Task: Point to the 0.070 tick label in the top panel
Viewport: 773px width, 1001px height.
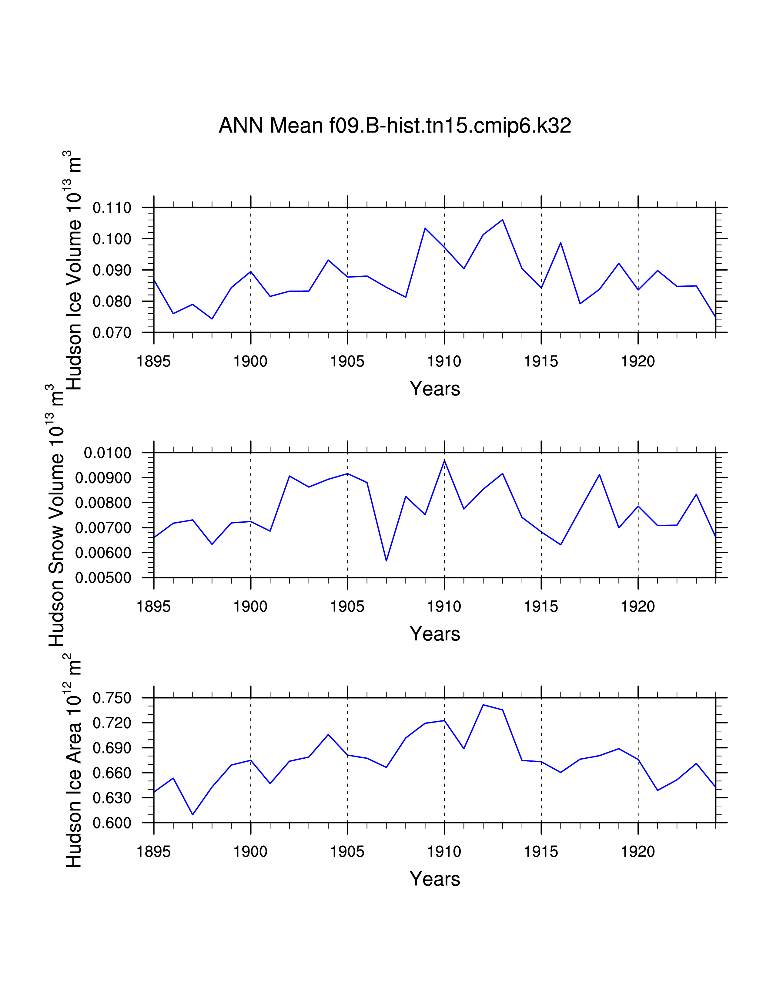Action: (x=112, y=333)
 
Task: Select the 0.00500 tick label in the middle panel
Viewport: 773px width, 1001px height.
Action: (x=103, y=578)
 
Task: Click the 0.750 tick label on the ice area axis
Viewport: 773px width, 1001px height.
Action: (x=112, y=698)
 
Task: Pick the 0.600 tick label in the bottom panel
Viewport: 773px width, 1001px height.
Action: (x=112, y=823)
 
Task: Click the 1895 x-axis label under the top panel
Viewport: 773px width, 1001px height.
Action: (x=153, y=362)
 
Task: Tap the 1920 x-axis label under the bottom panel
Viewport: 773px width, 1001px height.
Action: (x=638, y=852)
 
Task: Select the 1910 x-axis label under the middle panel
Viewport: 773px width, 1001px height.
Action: (x=444, y=607)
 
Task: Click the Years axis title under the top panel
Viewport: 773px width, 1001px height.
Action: (x=435, y=389)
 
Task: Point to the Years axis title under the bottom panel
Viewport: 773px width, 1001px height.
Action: (x=435, y=879)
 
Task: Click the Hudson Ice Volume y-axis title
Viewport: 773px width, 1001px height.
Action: (x=73, y=270)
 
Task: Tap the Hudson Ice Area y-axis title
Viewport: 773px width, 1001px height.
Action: (x=73, y=763)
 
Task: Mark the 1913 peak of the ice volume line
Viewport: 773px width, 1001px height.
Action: (x=502, y=220)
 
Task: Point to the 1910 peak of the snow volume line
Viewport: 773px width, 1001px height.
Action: (x=444, y=460)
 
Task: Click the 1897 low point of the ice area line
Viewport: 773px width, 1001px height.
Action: (x=192, y=814)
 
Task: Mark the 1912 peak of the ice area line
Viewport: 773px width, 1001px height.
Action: (x=483, y=705)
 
